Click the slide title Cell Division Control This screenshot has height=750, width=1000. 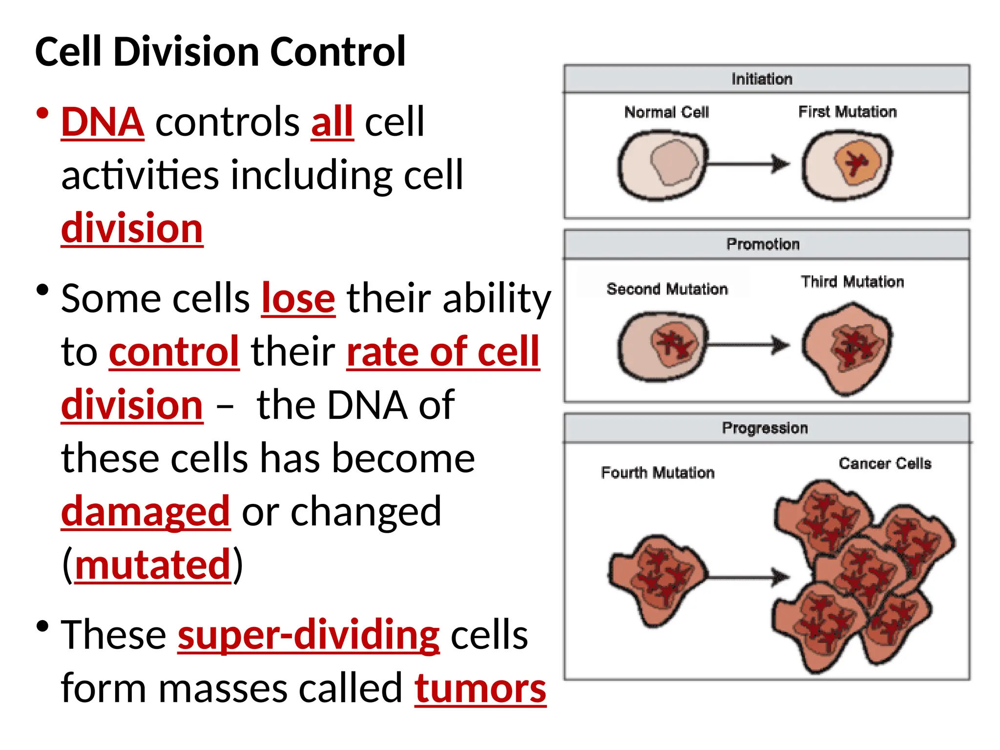[x=220, y=52]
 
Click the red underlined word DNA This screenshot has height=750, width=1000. [x=103, y=122]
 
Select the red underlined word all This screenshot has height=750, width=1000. [x=332, y=122]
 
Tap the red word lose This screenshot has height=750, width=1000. [x=298, y=299]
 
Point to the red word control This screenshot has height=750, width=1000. [x=174, y=352]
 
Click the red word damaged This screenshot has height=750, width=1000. [x=146, y=512]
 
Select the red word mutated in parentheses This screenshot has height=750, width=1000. [x=152, y=565]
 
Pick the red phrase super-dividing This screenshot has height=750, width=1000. [x=309, y=635]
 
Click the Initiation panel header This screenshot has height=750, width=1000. [x=766, y=79]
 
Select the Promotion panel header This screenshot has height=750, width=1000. [x=766, y=244]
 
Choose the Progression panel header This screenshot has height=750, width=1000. [x=766, y=428]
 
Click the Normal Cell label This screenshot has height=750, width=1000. [x=667, y=112]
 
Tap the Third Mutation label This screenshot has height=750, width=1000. [x=852, y=282]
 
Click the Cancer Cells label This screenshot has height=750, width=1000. [x=885, y=463]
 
